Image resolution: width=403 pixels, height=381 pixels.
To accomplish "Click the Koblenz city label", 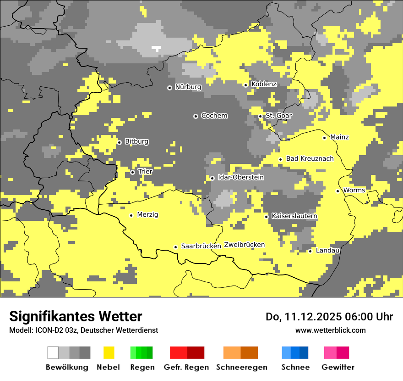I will pyautogui.click(x=264, y=84).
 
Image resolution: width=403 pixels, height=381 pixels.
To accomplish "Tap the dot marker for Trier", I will pyautogui.click(x=132, y=173).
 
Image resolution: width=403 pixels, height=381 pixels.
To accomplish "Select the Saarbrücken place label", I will pyautogui.click(x=201, y=246).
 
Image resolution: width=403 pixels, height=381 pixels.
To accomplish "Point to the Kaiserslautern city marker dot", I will pyautogui.click(x=266, y=217).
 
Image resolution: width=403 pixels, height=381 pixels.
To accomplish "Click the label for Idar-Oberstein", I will pyautogui.click(x=241, y=177).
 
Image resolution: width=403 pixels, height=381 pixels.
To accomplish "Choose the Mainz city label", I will pyautogui.click(x=339, y=137).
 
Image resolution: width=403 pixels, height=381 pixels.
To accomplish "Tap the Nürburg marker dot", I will pyautogui.click(x=169, y=88).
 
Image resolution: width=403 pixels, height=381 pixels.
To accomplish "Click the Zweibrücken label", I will pyautogui.click(x=244, y=245).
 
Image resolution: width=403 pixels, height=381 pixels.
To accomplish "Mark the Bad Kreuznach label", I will pyautogui.click(x=310, y=159).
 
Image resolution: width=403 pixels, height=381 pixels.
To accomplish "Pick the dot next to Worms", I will pyautogui.click(x=338, y=191).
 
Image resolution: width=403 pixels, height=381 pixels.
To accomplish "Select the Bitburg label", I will pyautogui.click(x=136, y=141).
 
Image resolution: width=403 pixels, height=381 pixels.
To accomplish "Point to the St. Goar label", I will pyautogui.click(x=278, y=116).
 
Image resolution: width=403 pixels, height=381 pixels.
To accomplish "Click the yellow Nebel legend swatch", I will pyautogui.click(x=109, y=353).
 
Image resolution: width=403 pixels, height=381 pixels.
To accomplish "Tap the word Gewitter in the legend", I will pyautogui.click(x=338, y=367).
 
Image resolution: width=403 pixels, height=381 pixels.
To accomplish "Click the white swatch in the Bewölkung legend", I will pyautogui.click(x=53, y=353).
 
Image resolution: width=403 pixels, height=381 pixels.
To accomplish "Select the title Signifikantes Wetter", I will pyautogui.click(x=76, y=316).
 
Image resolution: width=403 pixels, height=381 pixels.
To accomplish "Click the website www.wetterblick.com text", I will pyautogui.click(x=330, y=330).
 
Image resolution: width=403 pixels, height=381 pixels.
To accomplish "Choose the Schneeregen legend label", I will pyautogui.click(x=241, y=367).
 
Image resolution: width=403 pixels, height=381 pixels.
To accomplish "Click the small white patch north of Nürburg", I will pyautogui.click(x=156, y=48).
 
